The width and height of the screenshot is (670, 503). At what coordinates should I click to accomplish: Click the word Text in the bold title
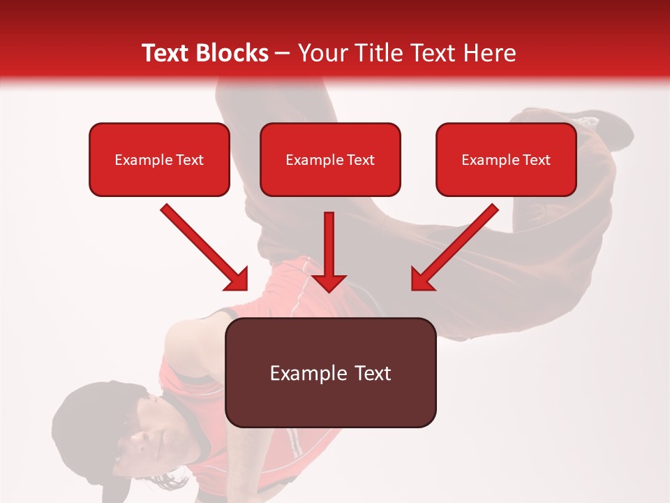click(x=166, y=53)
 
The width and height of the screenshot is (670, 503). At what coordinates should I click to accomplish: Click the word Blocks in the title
click(x=232, y=53)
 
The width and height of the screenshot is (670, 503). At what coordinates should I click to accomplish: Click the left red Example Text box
click(x=159, y=160)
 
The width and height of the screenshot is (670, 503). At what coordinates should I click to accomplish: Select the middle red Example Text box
click(x=330, y=160)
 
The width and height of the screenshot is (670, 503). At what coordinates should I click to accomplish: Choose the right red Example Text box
click(x=506, y=160)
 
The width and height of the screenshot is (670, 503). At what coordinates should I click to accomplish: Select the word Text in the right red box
click(x=536, y=160)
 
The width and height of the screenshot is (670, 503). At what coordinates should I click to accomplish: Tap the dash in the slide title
click(x=283, y=53)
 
